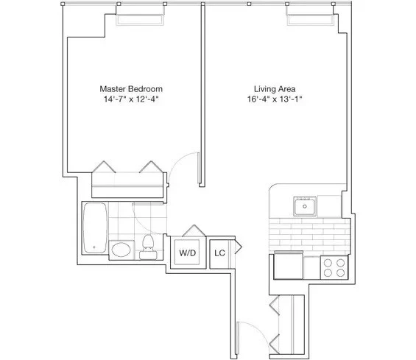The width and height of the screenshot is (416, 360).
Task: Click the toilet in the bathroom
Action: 147,247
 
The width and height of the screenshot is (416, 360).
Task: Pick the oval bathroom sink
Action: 120,250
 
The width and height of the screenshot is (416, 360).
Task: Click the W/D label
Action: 188,253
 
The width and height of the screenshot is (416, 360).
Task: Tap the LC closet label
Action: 219,253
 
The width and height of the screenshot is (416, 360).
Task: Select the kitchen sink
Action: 304,207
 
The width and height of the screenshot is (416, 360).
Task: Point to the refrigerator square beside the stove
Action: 288,266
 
